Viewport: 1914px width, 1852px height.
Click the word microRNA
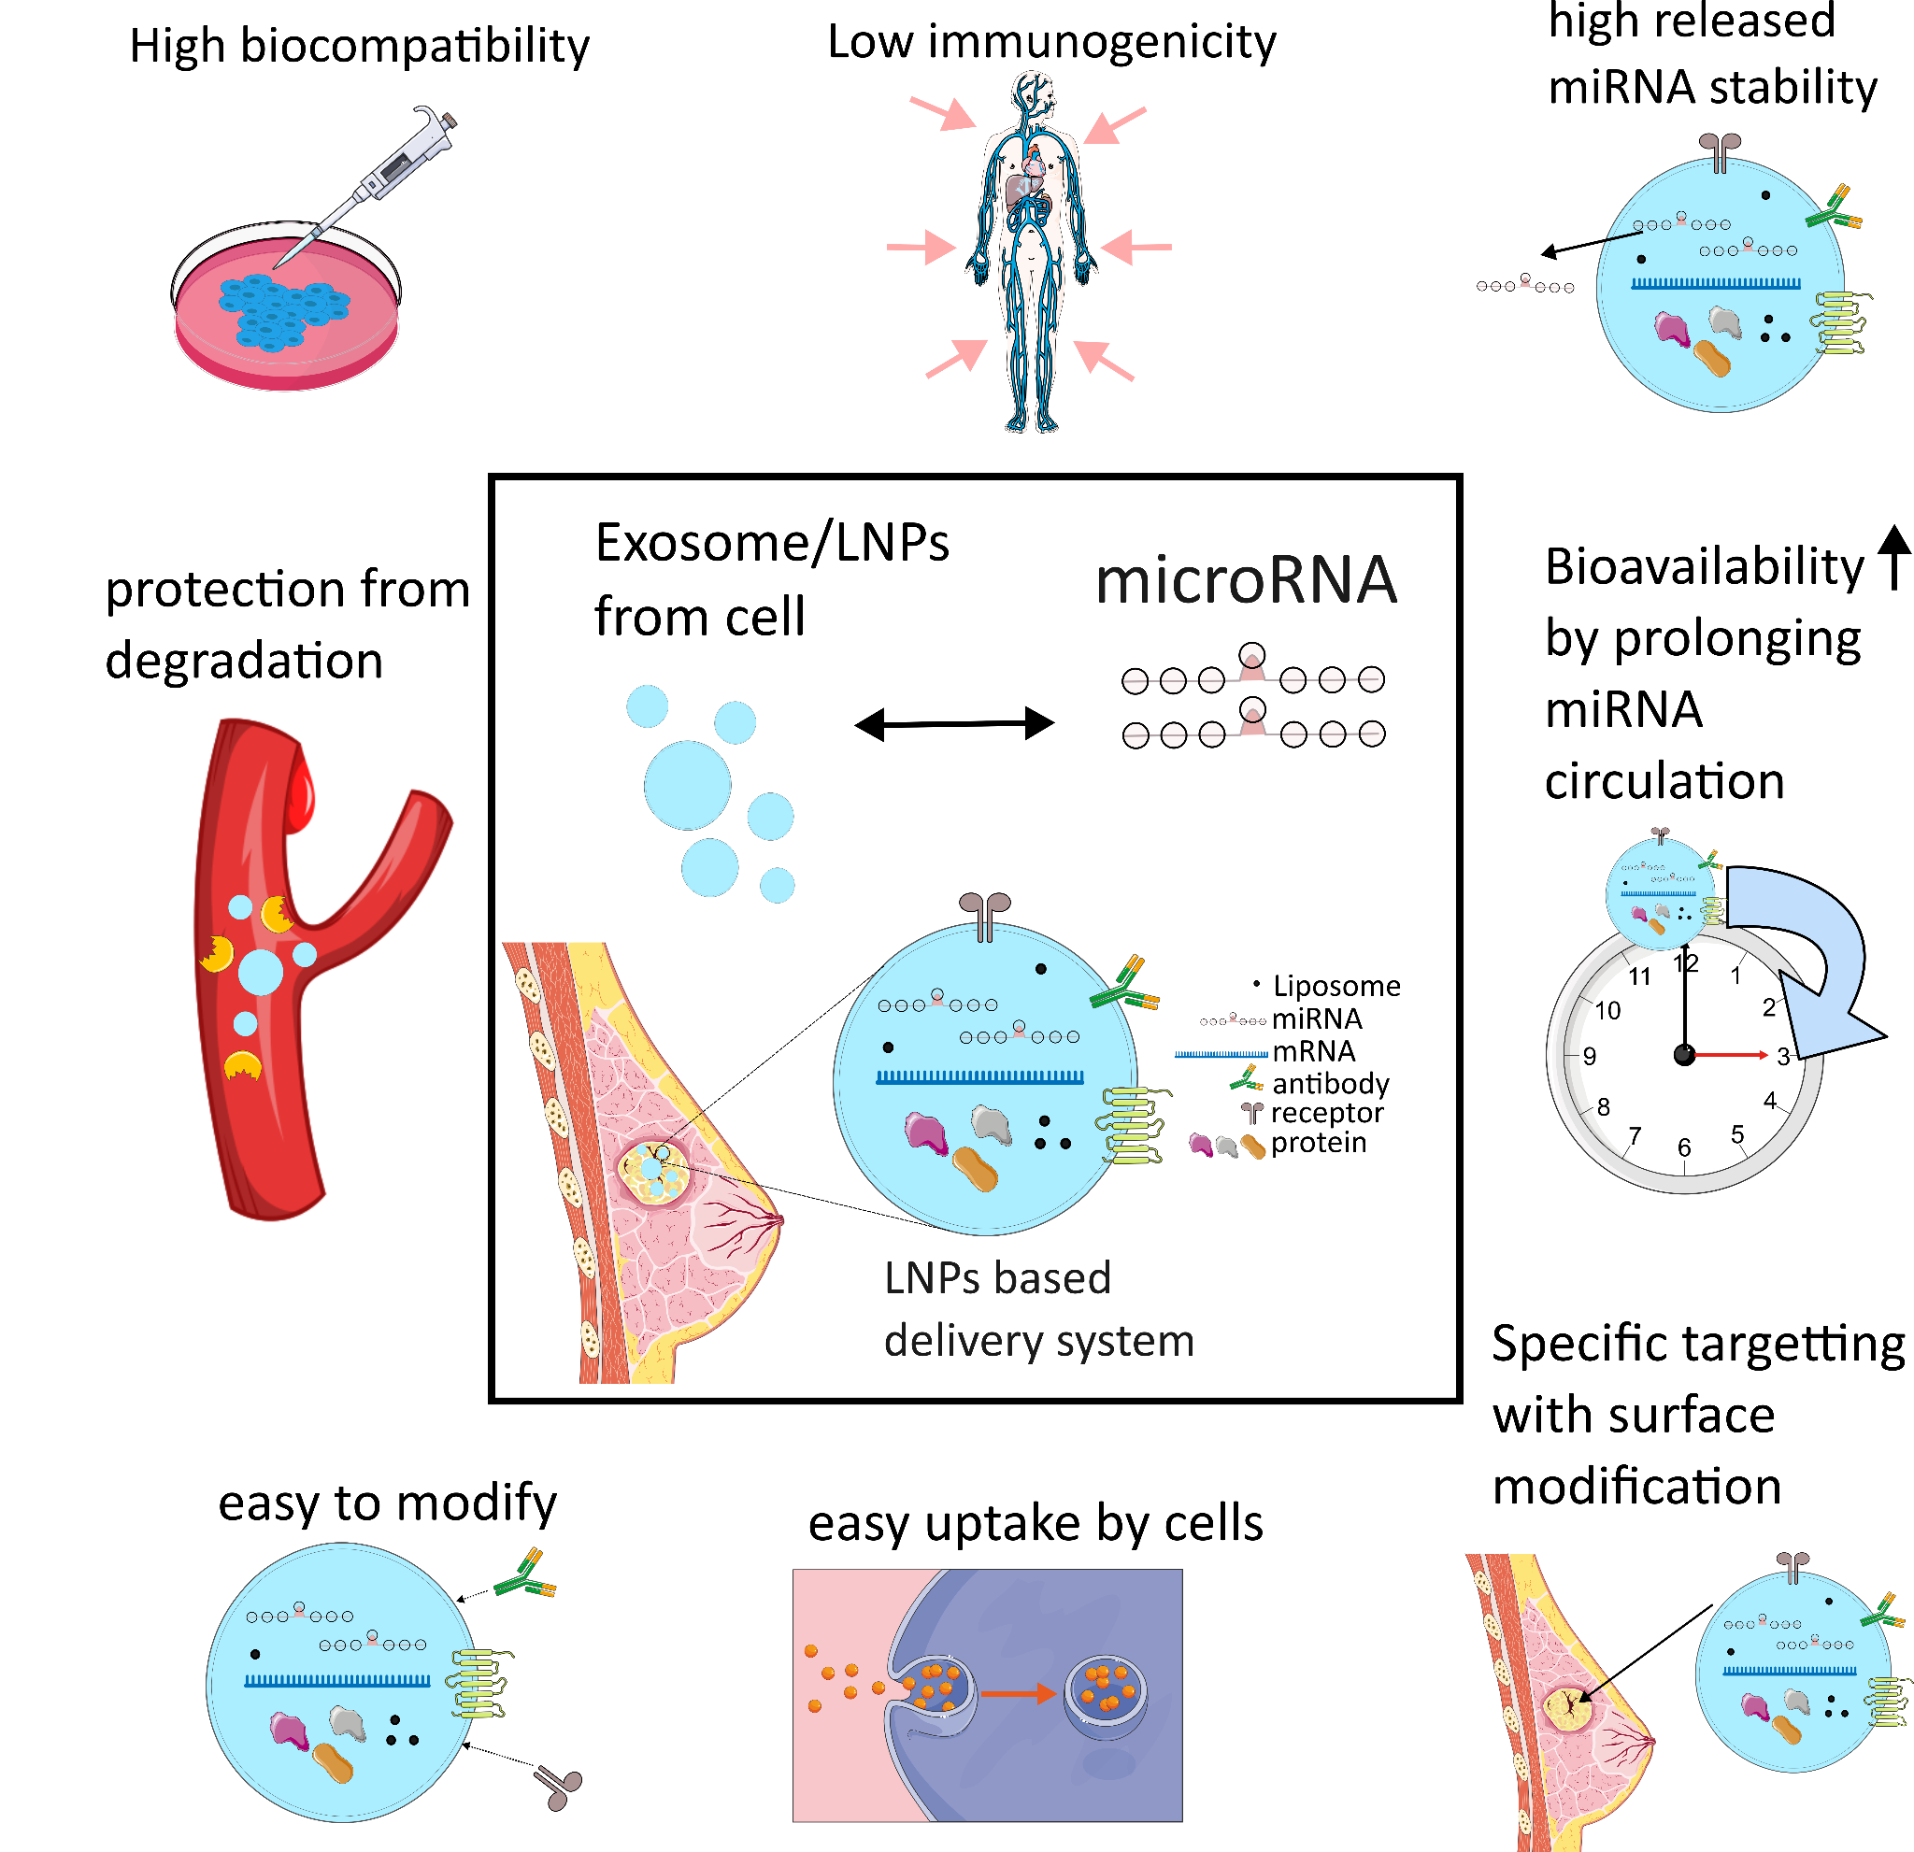click(x=1245, y=580)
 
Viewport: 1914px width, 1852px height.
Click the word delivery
click(x=962, y=1341)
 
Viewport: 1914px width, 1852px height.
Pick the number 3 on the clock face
click(x=1783, y=1056)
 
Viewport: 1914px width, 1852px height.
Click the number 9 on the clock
click(x=1590, y=1056)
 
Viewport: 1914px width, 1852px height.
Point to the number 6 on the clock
click(x=1684, y=1148)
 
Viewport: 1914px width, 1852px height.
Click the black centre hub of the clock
click(x=1684, y=1055)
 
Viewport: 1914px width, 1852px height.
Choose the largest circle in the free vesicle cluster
click(x=688, y=785)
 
